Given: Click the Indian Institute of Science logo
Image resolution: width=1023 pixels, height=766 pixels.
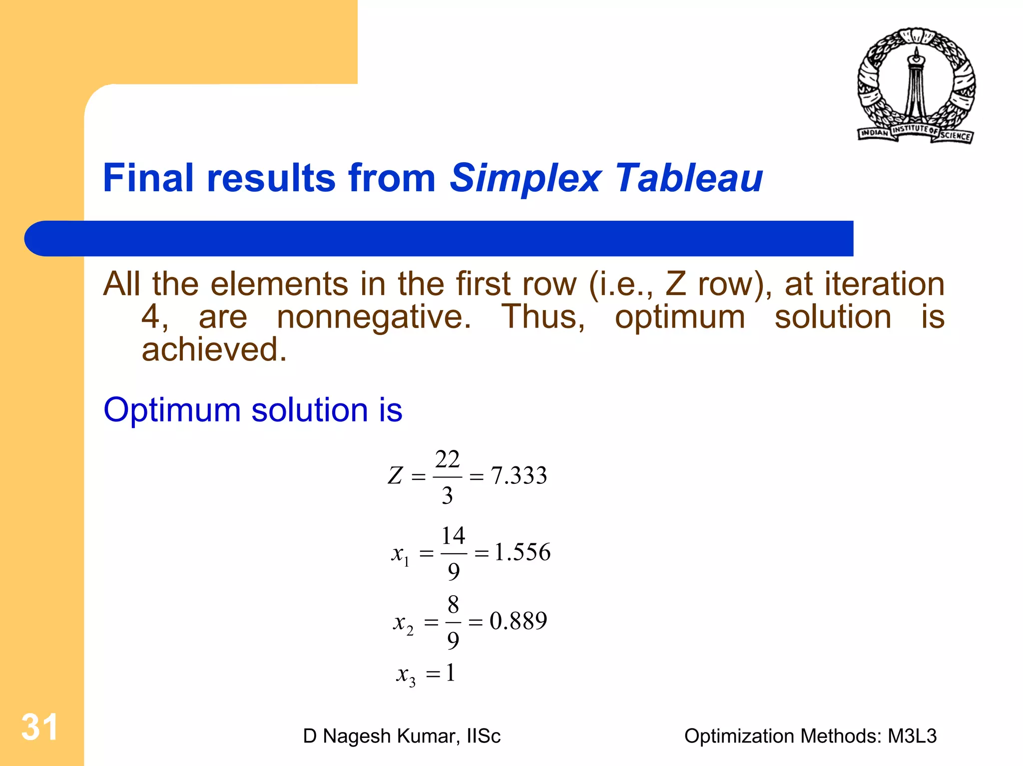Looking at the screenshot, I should coord(916,85).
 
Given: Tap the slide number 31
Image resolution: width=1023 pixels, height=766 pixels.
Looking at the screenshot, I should coord(39,727).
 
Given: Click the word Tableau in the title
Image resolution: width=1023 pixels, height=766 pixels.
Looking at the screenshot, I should coord(689,178).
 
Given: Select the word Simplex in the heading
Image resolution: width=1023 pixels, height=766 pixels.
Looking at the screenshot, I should coord(525,179).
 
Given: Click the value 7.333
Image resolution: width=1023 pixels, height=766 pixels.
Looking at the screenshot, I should coord(519,475).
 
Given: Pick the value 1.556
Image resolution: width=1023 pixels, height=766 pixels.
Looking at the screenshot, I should coord(522,552).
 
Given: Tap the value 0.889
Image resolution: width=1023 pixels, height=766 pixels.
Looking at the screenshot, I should coord(518,621).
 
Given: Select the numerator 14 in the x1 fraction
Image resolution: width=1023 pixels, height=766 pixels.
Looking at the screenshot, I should coord(453,536).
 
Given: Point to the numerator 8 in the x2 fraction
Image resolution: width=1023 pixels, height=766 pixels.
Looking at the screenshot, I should coord(453,605).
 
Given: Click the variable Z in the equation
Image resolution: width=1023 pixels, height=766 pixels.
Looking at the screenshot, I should coord(395,475).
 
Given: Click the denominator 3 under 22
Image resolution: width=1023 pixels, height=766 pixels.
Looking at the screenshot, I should coord(447,495).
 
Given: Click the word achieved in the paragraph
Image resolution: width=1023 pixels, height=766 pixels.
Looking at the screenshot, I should coord(214,350).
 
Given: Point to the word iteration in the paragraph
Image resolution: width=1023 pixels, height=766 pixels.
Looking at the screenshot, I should coord(884,284).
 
